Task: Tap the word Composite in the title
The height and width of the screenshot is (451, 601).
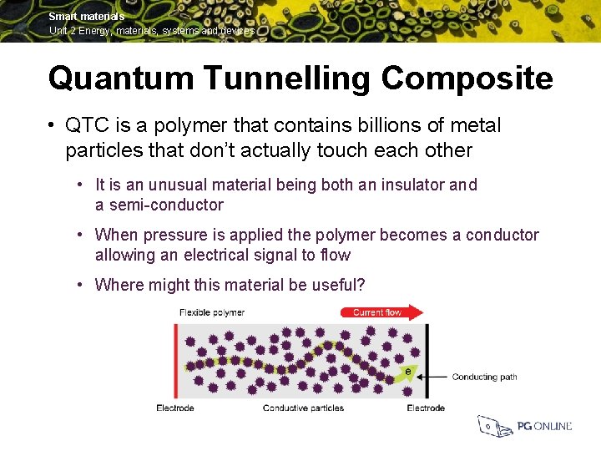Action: click(467, 79)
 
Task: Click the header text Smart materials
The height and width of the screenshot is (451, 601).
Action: click(86, 17)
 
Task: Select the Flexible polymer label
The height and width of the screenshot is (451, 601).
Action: click(212, 312)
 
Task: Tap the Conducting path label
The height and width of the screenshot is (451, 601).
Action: click(484, 377)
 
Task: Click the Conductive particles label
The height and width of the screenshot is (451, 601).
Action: click(303, 408)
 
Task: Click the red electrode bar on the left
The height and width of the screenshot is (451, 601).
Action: click(174, 359)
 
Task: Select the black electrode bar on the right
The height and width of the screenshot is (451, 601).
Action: click(427, 359)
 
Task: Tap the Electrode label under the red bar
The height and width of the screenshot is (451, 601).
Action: click(174, 408)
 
